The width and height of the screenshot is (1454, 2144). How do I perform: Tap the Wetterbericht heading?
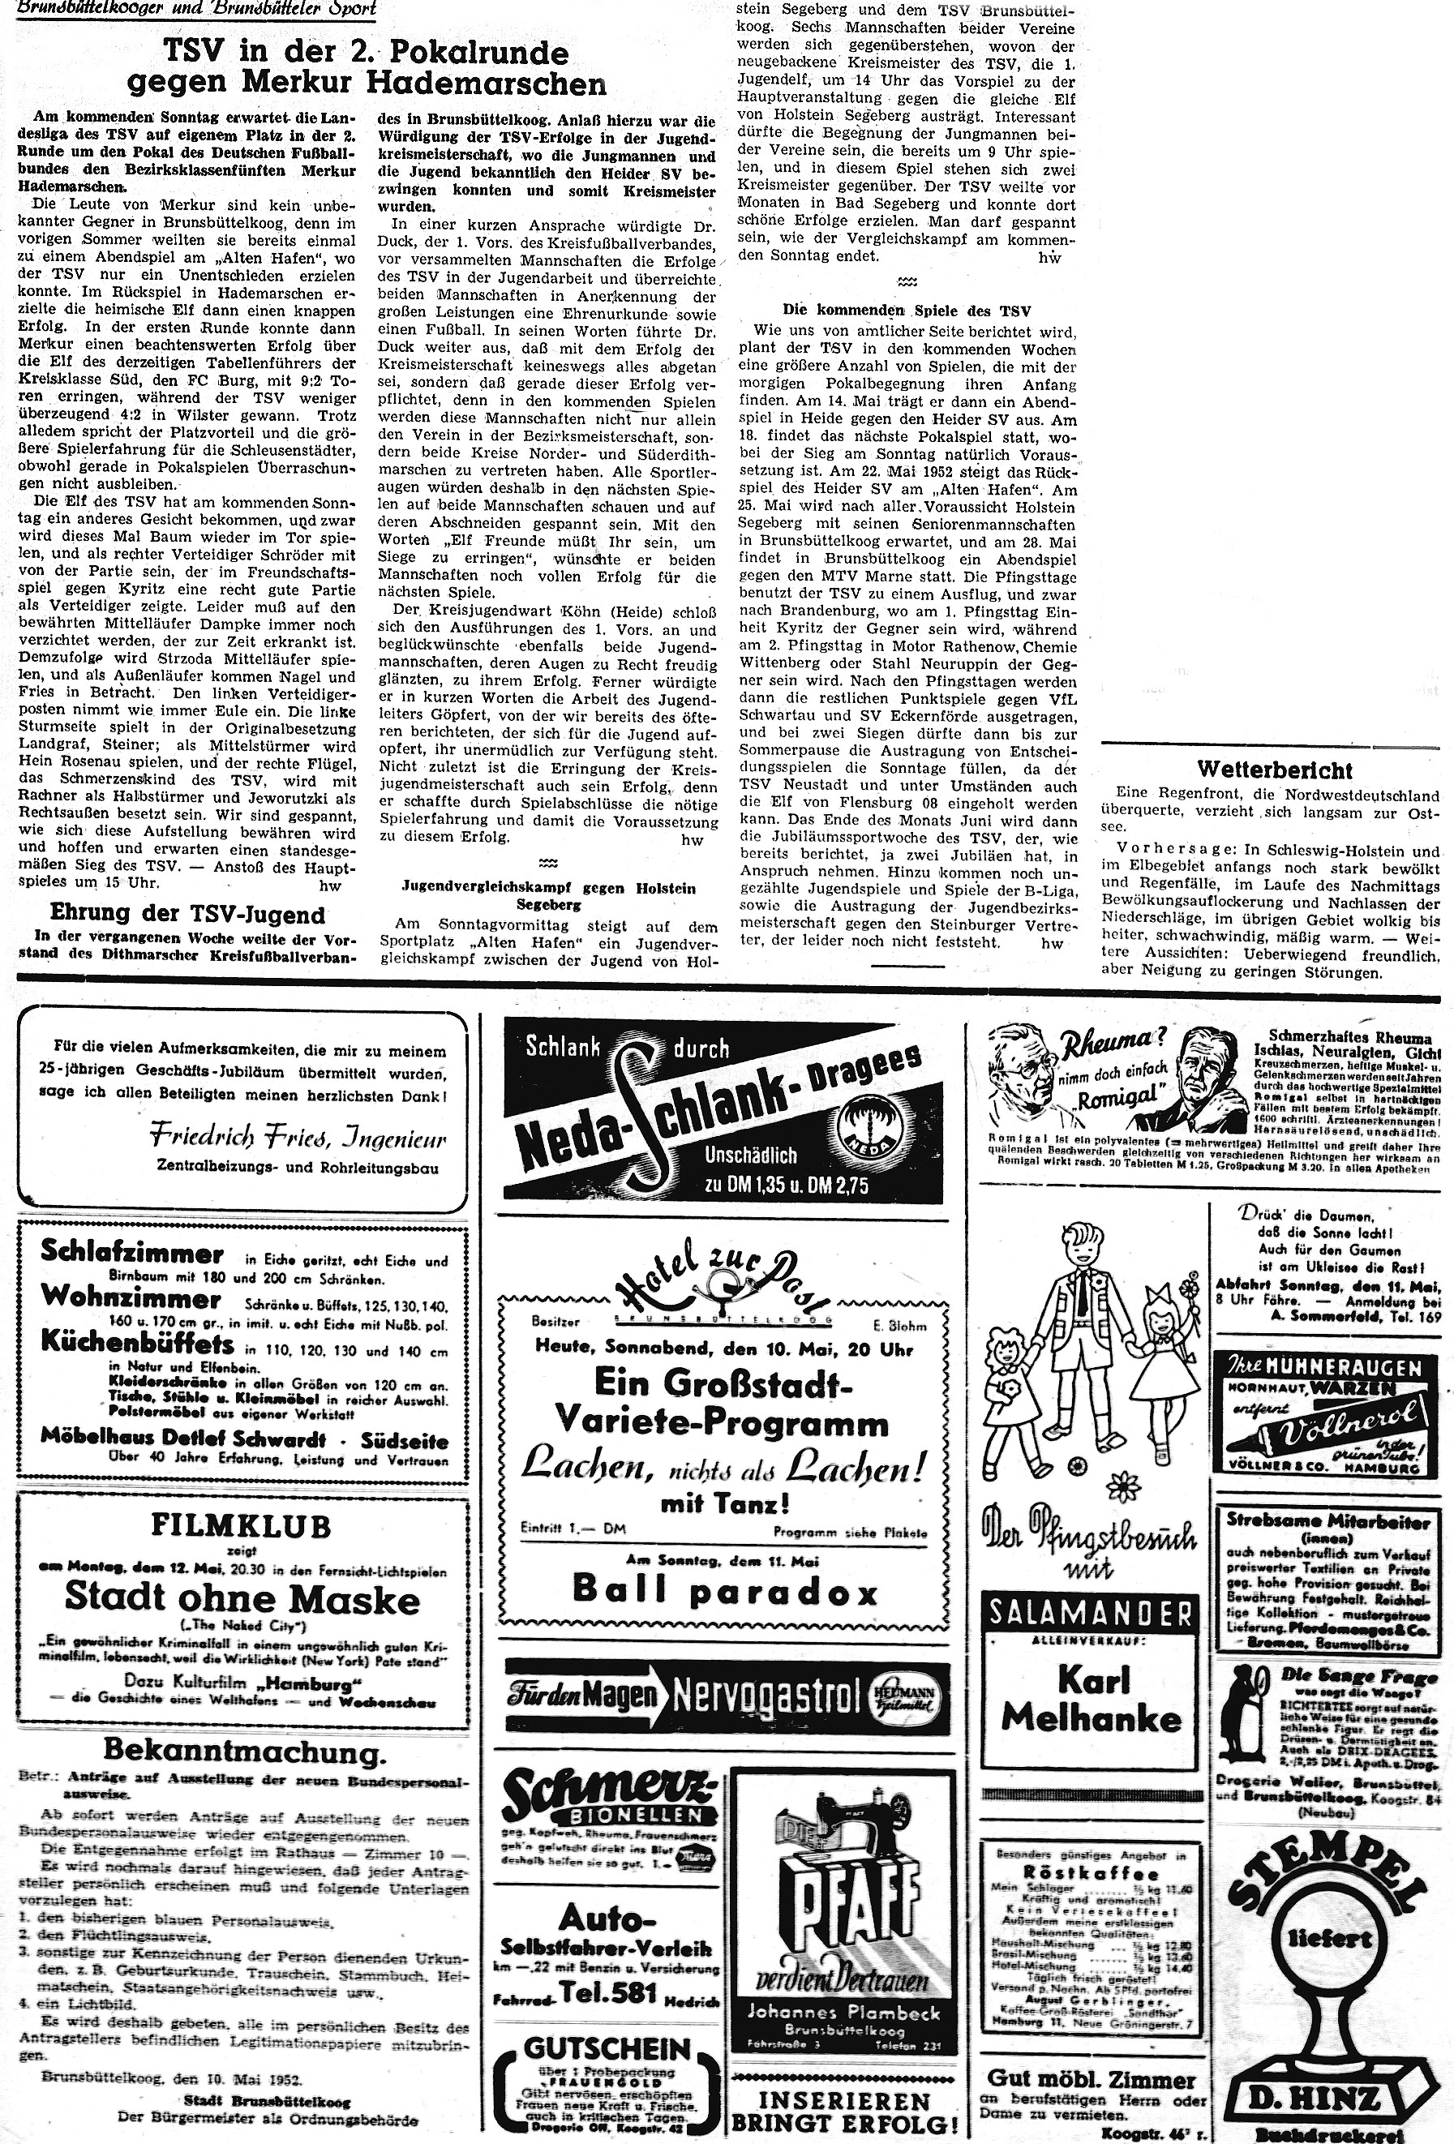coord(1274,770)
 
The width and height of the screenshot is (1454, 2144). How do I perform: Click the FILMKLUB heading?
coord(242,1528)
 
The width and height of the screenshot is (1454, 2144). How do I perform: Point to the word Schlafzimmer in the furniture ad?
coord(132,1253)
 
